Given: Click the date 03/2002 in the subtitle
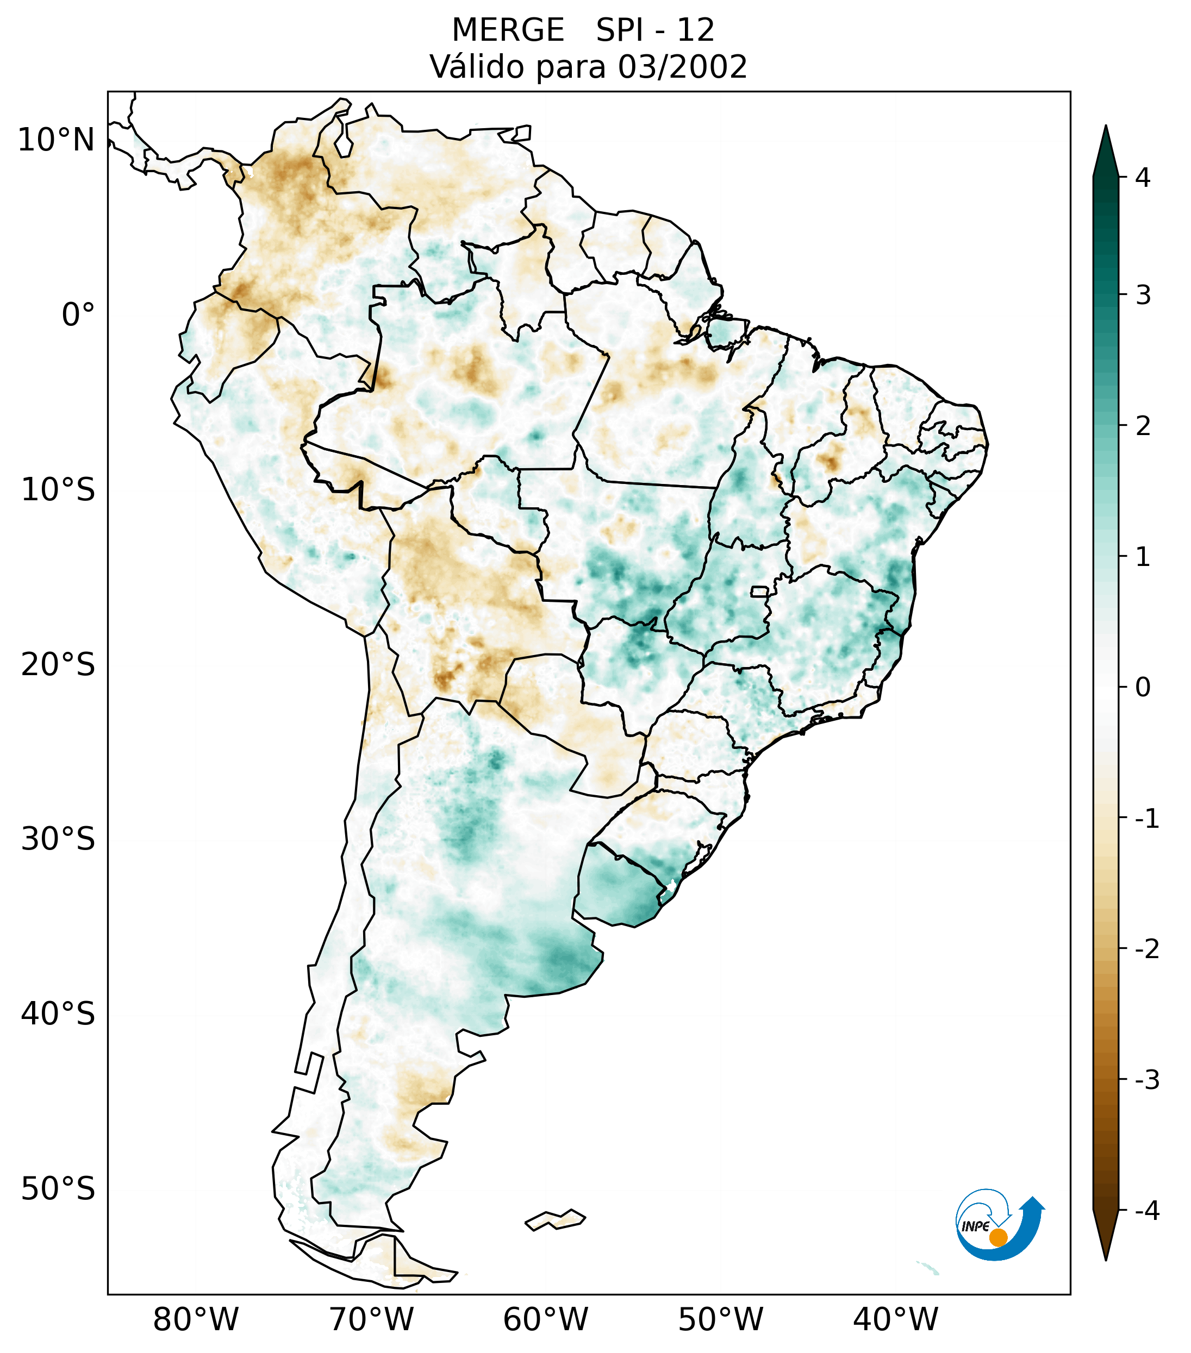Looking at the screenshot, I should [x=682, y=67].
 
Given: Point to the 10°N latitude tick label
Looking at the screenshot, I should [x=57, y=140].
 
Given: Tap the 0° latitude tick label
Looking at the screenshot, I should [x=78, y=315].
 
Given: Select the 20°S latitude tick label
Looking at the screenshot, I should [x=58, y=665].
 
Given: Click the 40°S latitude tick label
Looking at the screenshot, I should [x=58, y=1014].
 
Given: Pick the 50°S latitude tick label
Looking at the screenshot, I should [x=58, y=1190].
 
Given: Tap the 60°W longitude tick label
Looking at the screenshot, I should [x=545, y=1320].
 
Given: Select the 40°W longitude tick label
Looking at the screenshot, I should [x=896, y=1320].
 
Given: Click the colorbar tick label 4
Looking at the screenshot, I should [x=1143, y=178].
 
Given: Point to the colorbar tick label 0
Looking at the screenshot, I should [x=1143, y=688].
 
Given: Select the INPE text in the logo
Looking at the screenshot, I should [x=976, y=1226].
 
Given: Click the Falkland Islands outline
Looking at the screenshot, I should [x=555, y=1219].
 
